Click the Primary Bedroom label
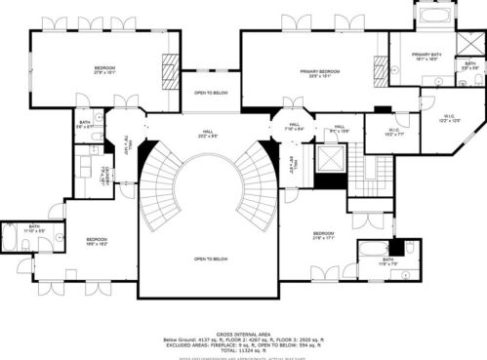click(x=319, y=73)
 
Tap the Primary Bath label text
click(x=426, y=57)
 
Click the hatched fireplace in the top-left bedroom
click(x=169, y=70)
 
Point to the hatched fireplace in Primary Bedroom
click(x=380, y=68)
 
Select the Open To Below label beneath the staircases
click(x=211, y=259)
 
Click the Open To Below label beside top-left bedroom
click(x=211, y=94)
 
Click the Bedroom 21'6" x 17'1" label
click(x=323, y=236)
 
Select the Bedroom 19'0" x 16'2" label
click(x=96, y=242)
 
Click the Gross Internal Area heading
click(x=244, y=333)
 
